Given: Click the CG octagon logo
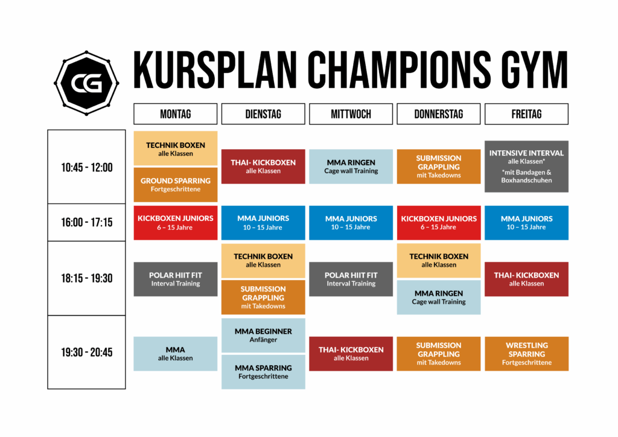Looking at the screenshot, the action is pos(86,83).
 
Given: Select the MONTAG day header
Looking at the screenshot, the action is pos(176,114).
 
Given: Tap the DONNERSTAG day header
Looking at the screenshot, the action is pos(439,114).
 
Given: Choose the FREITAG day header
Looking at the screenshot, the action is pos(526,114).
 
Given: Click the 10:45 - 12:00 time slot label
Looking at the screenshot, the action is pos(87,167).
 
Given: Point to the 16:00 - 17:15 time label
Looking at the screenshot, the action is pos(87,222).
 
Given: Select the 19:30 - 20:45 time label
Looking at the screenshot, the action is pos(87,352).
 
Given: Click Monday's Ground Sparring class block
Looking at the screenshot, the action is pos(176,185).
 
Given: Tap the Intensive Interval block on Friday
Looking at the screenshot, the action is pos(526,166).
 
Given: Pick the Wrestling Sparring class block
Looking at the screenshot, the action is pos(526,354).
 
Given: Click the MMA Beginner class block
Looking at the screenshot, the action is pos(263,336).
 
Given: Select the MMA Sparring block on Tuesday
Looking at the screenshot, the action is pos(263,372).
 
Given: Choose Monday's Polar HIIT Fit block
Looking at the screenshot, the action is pos(176,279).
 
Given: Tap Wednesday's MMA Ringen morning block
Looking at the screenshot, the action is pos(351,166).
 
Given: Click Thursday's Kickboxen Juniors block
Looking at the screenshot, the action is pos(439,223).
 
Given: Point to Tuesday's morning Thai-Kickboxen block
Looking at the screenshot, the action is pos(263,166).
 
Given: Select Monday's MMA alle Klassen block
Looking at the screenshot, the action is pos(176,354).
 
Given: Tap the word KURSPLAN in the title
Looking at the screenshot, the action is pos(215,70).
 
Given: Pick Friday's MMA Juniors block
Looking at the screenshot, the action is pos(526,223).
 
